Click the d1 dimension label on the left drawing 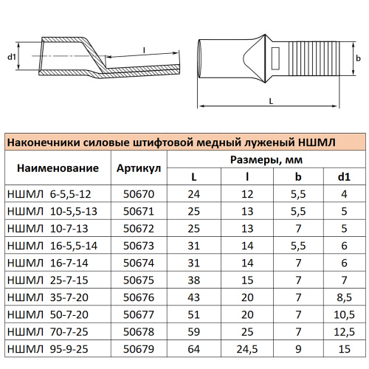(x=11, y=56)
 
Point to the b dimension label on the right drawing (x=356, y=57)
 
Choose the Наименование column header (x=57, y=168)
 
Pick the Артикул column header (x=139, y=168)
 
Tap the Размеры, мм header (x=268, y=159)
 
